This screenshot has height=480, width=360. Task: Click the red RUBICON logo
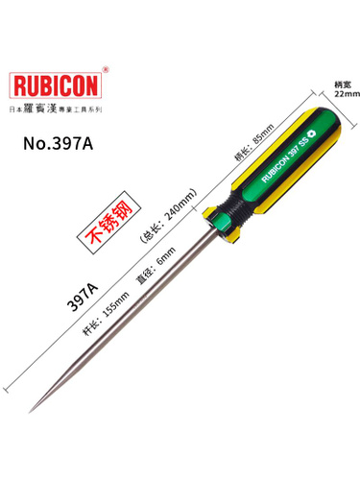pyautogui.click(x=56, y=85)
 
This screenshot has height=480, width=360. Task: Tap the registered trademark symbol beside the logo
pyautogui.click(x=106, y=69)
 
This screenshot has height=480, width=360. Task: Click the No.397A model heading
pyautogui.click(x=59, y=144)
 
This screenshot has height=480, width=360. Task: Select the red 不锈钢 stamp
pyautogui.click(x=109, y=222)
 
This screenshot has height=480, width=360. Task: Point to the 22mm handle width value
pyautogui.click(x=348, y=94)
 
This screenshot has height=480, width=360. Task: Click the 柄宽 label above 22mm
pyautogui.click(x=343, y=84)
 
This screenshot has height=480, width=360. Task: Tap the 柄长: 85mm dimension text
pyautogui.click(x=254, y=142)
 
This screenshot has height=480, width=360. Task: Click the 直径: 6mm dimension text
pyautogui.click(x=156, y=266)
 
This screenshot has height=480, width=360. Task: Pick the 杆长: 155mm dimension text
pyautogui.click(x=106, y=314)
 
